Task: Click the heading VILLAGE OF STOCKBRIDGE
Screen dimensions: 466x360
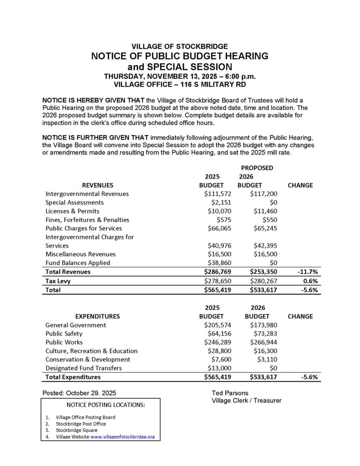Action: [180, 46]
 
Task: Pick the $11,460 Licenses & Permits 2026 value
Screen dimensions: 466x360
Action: [264, 211]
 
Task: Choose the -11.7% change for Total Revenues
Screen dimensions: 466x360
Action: [307, 272]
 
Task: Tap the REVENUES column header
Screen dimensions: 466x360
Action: [97, 185]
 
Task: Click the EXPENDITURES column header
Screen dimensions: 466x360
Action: [97, 316]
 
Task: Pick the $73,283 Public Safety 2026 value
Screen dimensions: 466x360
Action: [264, 334]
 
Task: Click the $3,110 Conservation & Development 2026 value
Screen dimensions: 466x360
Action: [266, 360]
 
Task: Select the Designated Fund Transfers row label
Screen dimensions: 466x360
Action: [83, 368]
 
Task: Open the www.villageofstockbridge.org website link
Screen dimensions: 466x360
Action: [122, 437]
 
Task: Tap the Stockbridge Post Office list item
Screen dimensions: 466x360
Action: [80, 423]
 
